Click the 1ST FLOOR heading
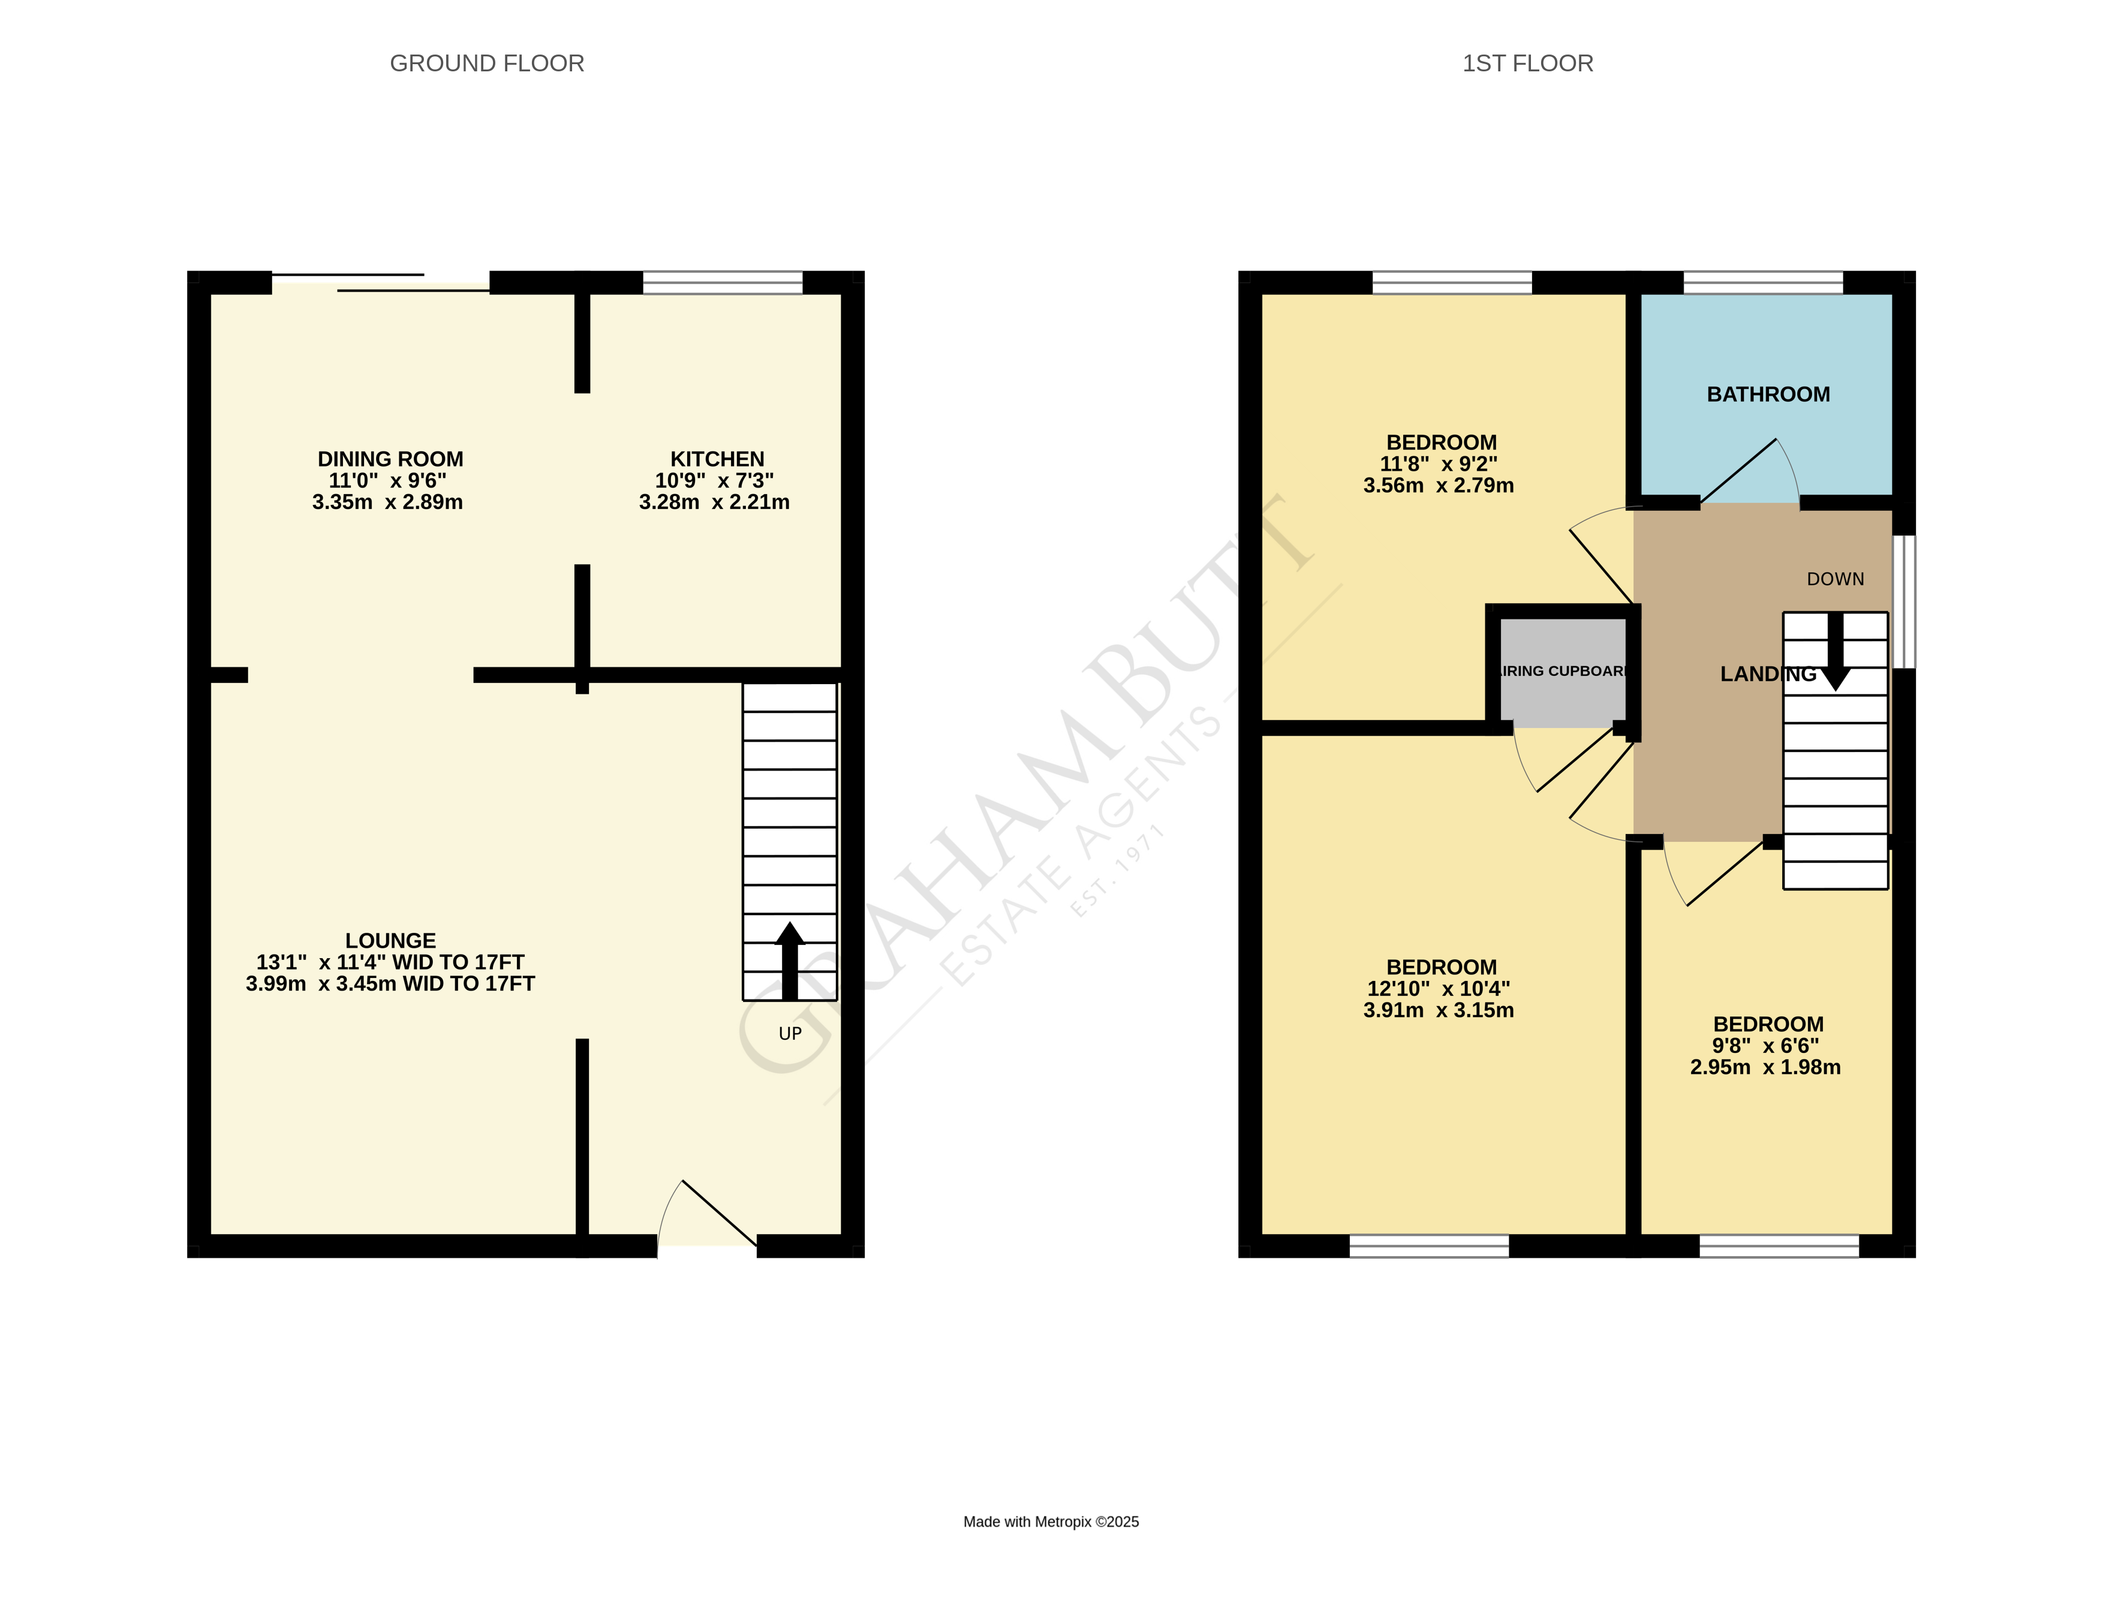pos(1527,64)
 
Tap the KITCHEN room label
pos(717,459)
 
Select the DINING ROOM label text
pos(390,459)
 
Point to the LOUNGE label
pos(390,940)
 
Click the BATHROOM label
pos(1767,395)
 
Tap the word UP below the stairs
pos(789,1033)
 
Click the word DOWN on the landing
pos(1834,579)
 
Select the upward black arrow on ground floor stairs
pos(789,959)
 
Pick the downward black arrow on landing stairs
pos(1834,654)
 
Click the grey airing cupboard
pos(1562,672)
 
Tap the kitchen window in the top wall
pos(722,282)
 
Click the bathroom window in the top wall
pos(1762,282)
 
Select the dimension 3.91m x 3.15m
pos(1437,1010)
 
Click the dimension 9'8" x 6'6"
pos(1764,1046)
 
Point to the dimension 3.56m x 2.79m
pos(1437,486)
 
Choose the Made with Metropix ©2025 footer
pos(1051,1522)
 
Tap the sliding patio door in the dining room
pos(382,282)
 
